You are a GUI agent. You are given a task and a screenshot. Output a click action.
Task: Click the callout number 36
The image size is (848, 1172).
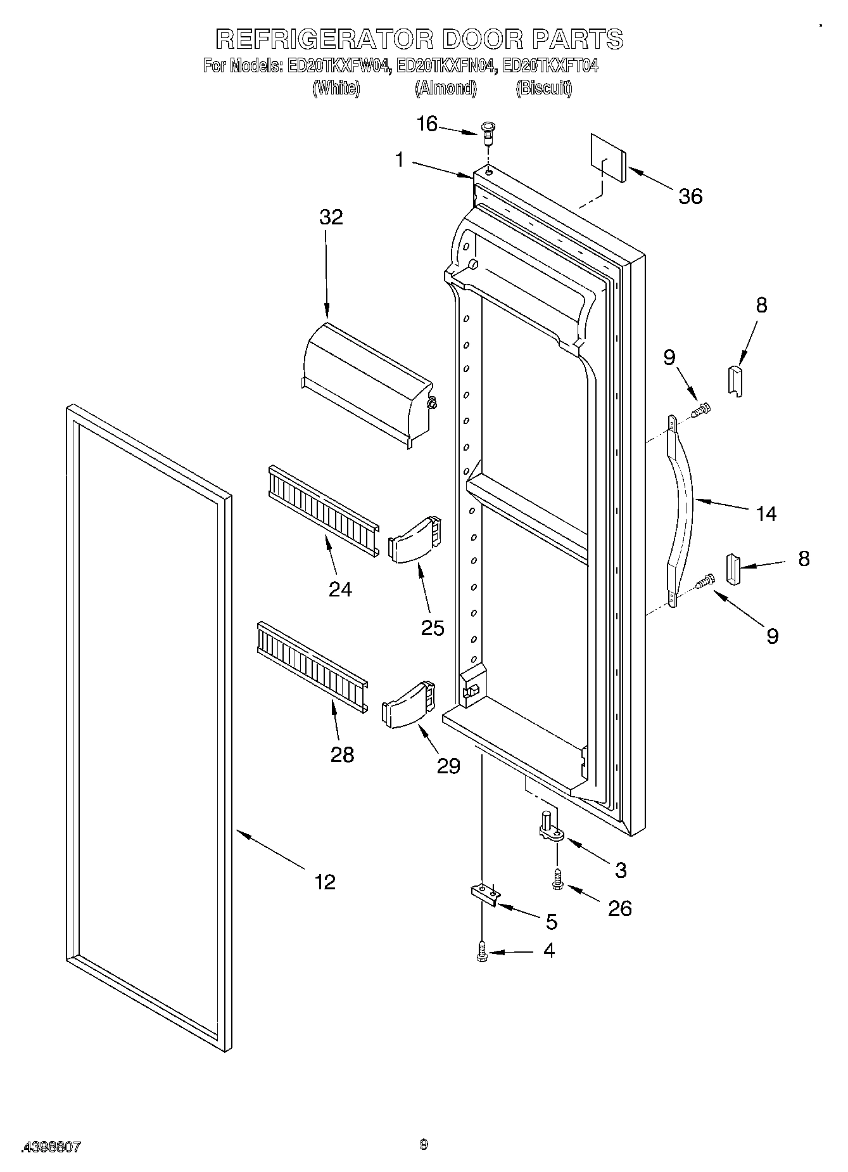coord(690,196)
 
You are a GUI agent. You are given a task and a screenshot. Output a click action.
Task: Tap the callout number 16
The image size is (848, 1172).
coord(427,124)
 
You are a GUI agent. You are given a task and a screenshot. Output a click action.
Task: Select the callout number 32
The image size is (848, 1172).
coord(331,217)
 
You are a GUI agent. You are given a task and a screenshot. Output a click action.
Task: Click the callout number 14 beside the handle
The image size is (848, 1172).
coord(766,513)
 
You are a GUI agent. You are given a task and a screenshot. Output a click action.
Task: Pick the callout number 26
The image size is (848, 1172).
coord(619,908)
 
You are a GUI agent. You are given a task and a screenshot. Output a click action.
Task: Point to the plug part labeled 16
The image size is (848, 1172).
coord(488,132)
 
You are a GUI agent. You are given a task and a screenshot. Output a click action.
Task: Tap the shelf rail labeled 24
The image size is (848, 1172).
coord(322,511)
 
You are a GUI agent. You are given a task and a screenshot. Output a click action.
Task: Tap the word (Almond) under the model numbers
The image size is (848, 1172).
coord(446,88)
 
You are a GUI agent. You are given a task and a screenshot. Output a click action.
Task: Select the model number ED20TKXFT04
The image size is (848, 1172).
coord(549,66)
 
